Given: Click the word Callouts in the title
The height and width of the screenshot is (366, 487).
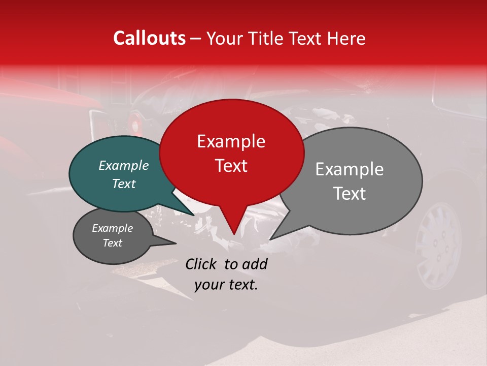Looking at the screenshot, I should (x=149, y=38).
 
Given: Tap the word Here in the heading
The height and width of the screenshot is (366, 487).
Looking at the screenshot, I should (x=347, y=38).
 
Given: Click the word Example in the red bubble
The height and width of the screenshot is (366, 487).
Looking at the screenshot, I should (x=231, y=141).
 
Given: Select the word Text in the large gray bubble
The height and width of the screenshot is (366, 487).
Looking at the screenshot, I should (x=349, y=194).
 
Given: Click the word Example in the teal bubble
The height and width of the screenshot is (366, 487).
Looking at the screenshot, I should (x=124, y=165).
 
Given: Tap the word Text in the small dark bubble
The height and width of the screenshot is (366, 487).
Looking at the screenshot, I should (x=113, y=243).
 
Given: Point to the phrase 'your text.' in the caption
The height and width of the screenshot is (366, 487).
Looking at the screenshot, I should (x=226, y=285).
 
